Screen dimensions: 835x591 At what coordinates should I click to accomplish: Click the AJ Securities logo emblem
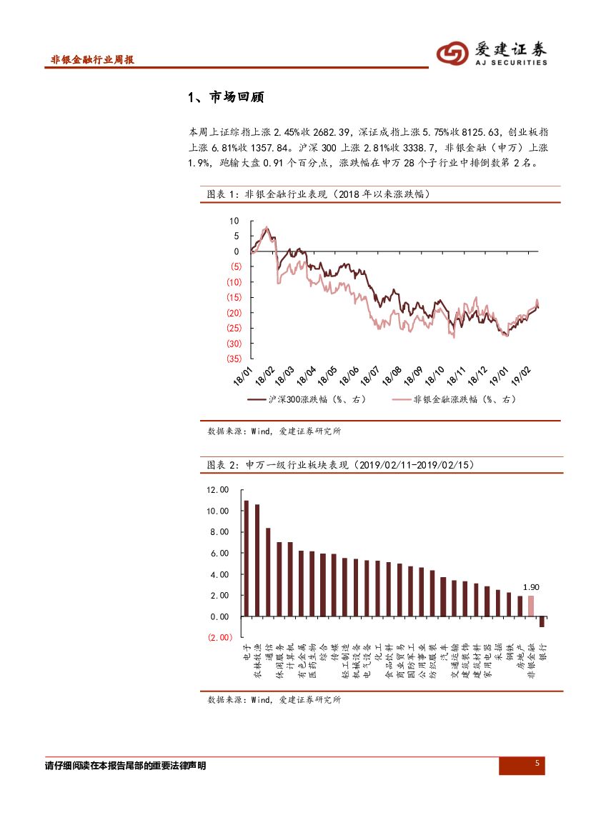(x=453, y=51)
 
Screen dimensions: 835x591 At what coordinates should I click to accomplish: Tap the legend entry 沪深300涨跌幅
(x=307, y=400)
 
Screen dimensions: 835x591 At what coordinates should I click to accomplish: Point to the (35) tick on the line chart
(x=234, y=359)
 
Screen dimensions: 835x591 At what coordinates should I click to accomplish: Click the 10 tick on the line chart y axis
(x=234, y=221)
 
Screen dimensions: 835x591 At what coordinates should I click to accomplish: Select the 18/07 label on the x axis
(x=369, y=376)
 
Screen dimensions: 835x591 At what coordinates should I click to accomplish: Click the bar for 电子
(x=247, y=558)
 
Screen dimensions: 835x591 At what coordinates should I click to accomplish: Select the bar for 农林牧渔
(x=257, y=560)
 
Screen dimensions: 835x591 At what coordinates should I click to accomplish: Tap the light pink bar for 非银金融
(x=531, y=606)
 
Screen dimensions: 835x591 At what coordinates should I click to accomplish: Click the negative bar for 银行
(x=542, y=621)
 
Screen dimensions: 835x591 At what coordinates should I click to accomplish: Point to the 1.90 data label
(x=531, y=586)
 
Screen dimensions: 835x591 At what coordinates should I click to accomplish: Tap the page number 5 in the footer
(x=537, y=764)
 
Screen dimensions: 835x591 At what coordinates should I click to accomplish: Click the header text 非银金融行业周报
(x=93, y=60)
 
